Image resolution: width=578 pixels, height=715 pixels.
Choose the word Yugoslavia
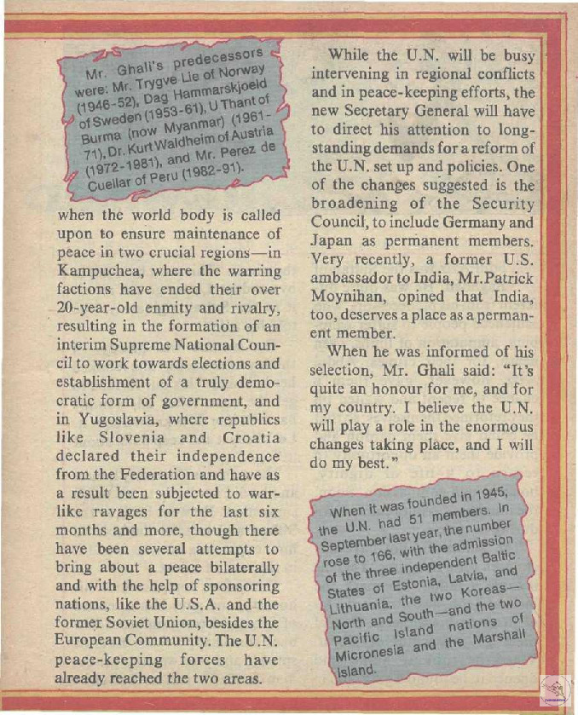[113, 421]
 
